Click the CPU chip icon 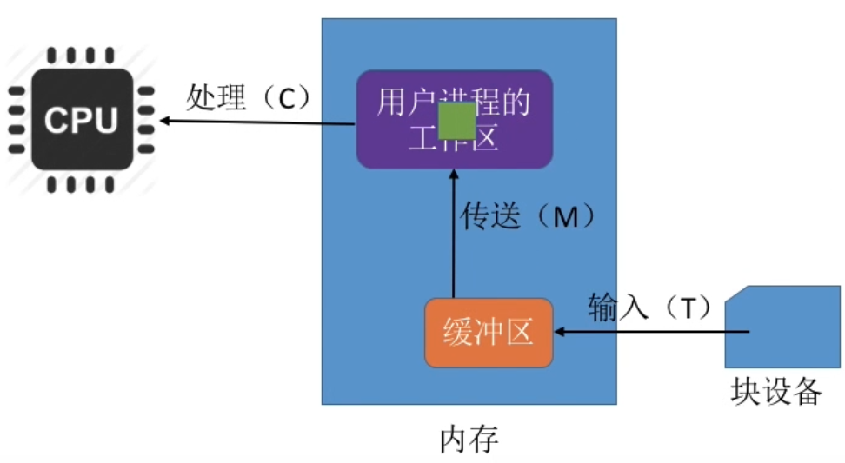(81, 120)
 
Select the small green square (456, 121)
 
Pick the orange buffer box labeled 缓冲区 (489, 332)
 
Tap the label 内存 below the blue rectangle (469, 439)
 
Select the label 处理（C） (249, 98)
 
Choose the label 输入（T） (650, 307)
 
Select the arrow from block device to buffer (652, 331)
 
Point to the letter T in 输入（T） (689, 308)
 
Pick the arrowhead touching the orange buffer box (559, 331)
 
